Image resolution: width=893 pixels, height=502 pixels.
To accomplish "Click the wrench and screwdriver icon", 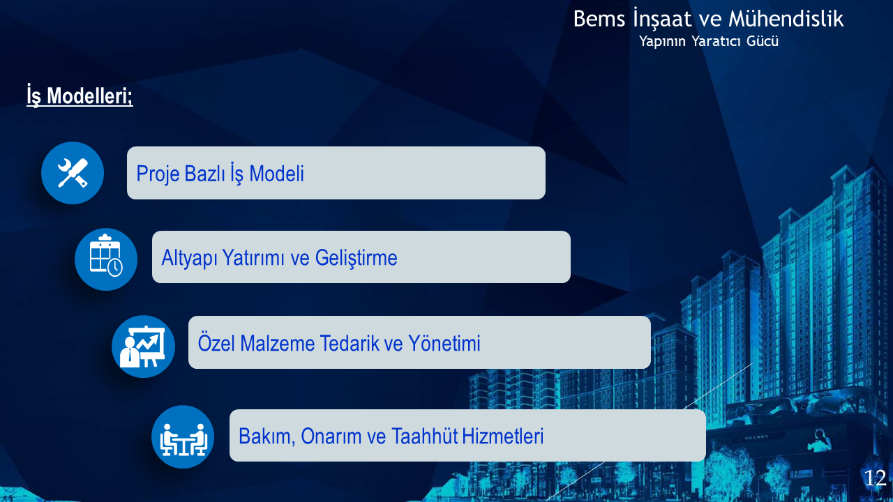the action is (73, 173).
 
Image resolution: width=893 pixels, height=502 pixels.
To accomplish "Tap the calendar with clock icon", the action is (105, 255).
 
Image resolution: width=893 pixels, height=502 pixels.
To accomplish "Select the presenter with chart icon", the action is (143, 347).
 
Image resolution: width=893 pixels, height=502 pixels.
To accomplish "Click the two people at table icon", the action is (183, 440).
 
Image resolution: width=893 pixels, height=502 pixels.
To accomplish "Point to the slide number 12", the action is (875, 478).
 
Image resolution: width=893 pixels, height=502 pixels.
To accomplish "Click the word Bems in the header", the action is (599, 19).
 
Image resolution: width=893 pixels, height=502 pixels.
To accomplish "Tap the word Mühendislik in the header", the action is (786, 18).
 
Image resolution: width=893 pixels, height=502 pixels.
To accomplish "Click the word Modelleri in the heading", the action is (90, 96).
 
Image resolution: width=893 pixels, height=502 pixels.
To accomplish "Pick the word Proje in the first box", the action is (158, 174).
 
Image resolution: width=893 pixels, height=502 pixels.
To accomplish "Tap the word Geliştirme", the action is (356, 258).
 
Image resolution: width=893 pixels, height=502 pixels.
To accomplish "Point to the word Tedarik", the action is (350, 343).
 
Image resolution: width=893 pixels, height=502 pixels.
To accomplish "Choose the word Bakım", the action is (267, 436).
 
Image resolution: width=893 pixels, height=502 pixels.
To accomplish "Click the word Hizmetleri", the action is (503, 436).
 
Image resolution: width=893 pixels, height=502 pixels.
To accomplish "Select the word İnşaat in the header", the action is (663, 19).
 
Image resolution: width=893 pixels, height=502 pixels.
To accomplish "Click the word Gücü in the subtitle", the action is (763, 41).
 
